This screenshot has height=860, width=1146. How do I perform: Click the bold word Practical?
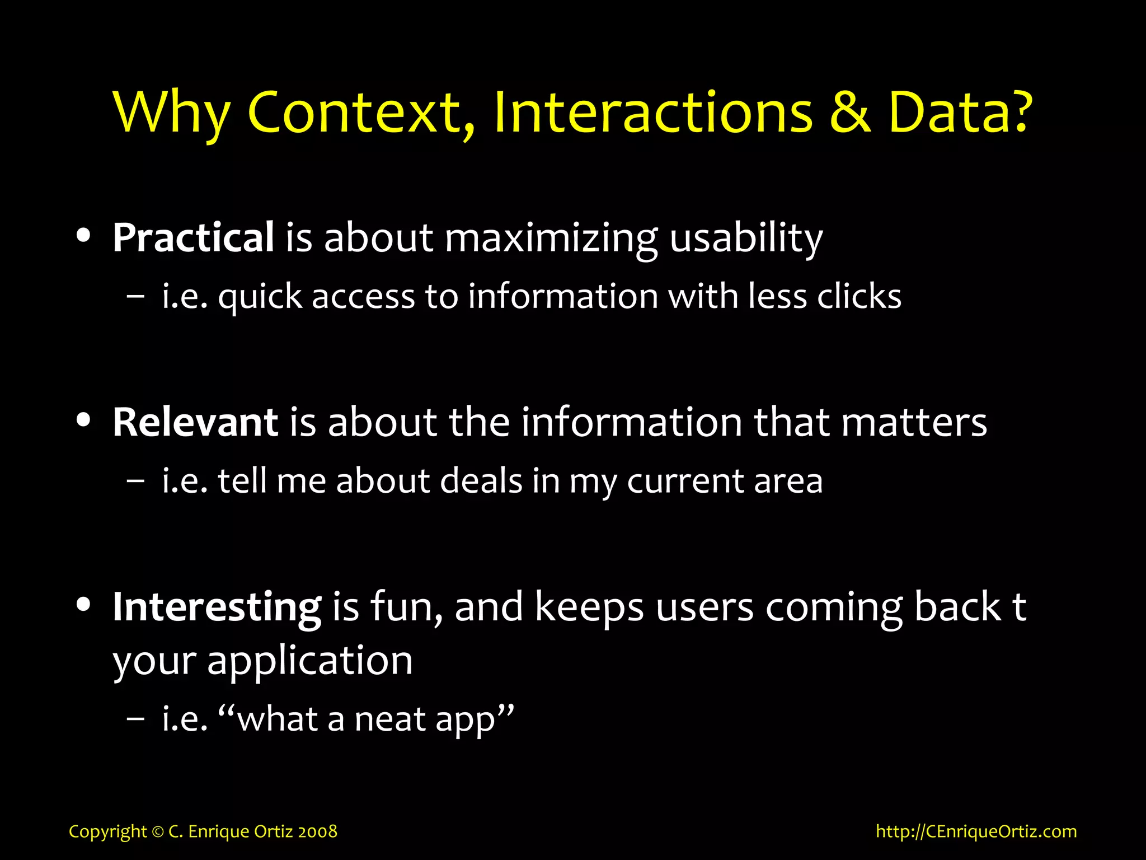[193, 237]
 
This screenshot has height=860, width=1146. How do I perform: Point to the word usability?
[746, 239]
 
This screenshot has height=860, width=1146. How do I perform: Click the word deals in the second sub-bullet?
[481, 481]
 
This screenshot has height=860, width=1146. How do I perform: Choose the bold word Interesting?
[217, 607]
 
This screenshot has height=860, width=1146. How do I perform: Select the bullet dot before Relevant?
[84, 420]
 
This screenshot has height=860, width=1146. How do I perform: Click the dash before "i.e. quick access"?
[135, 297]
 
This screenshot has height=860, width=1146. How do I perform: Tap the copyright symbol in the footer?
[157, 831]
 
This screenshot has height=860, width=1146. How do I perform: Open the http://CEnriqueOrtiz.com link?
[976, 831]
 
